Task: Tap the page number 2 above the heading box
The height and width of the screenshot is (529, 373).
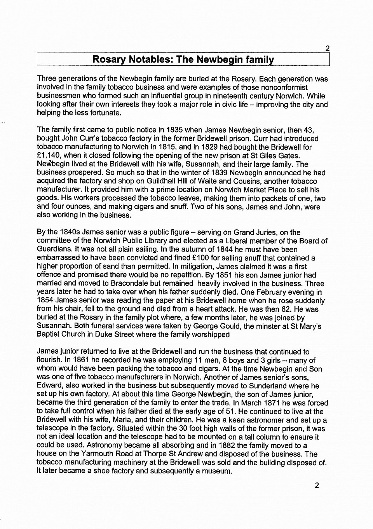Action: (328, 49)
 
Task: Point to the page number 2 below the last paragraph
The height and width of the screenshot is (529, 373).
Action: (317, 485)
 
